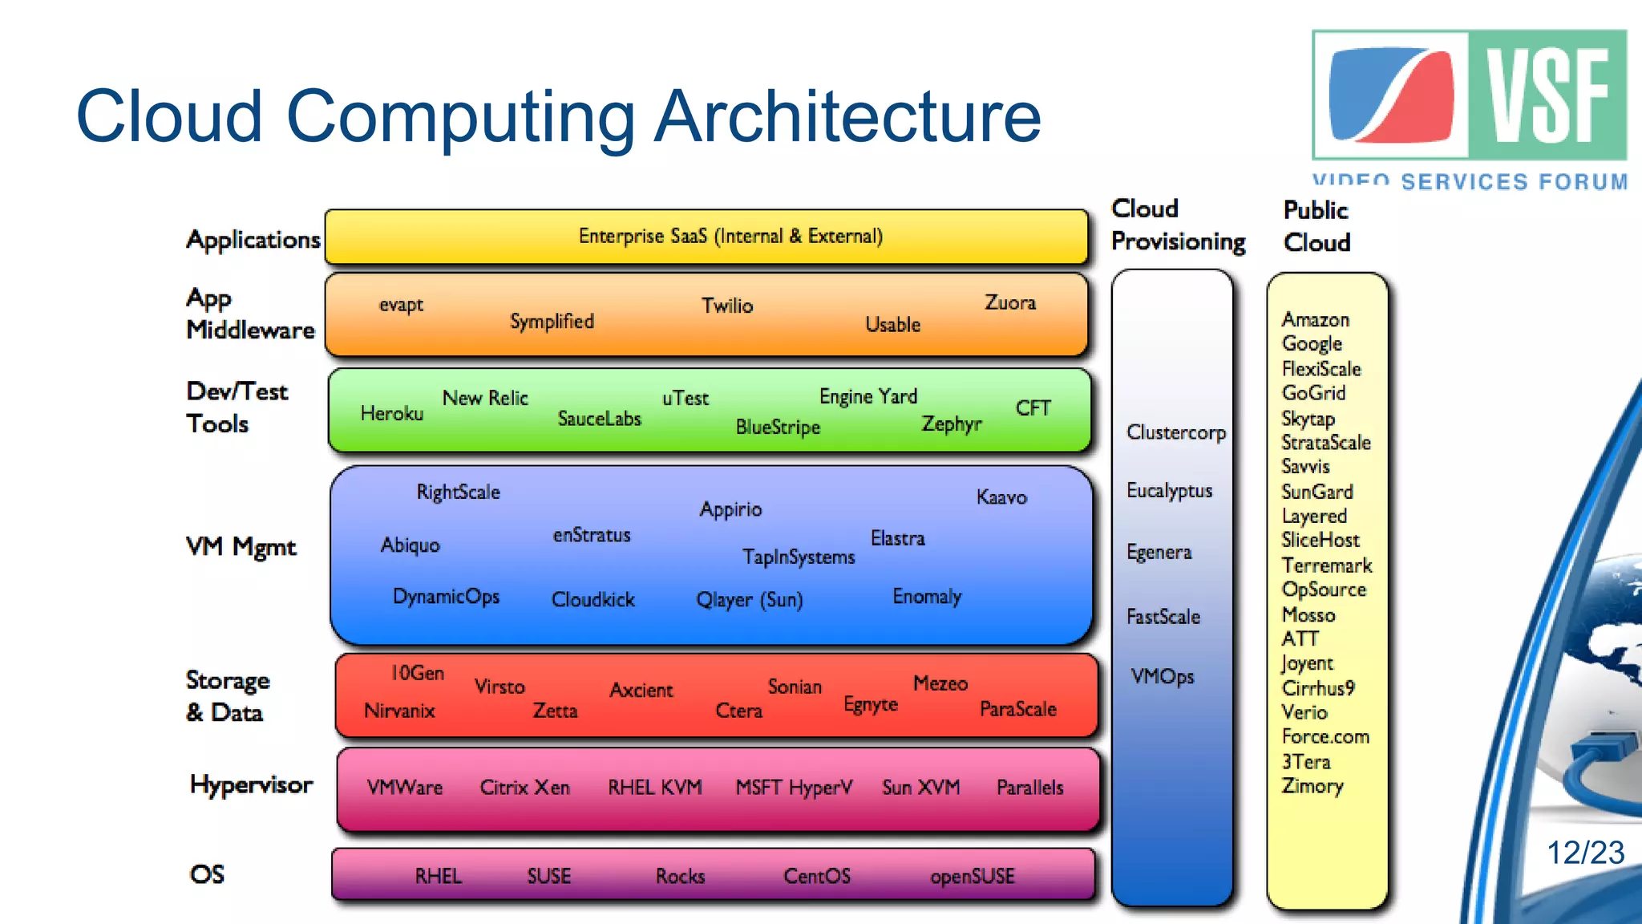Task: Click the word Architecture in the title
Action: [847, 116]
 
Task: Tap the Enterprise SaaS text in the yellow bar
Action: [730, 237]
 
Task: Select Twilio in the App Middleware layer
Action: [727, 306]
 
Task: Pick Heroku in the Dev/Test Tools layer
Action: [391, 414]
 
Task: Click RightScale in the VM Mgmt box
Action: [458, 492]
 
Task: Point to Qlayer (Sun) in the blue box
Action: [749, 600]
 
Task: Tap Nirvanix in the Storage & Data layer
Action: [399, 711]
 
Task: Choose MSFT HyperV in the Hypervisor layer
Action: [794, 788]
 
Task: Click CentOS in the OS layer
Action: [816, 876]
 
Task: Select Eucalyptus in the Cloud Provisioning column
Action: [1169, 491]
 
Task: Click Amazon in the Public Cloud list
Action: [1315, 320]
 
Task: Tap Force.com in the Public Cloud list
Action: [1325, 736]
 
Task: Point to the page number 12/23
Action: [1584, 853]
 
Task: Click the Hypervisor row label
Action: [251, 784]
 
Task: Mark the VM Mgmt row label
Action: [241, 547]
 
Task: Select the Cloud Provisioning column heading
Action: [1177, 225]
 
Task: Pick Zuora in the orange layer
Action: [1009, 303]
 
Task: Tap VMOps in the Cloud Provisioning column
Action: [1162, 677]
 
